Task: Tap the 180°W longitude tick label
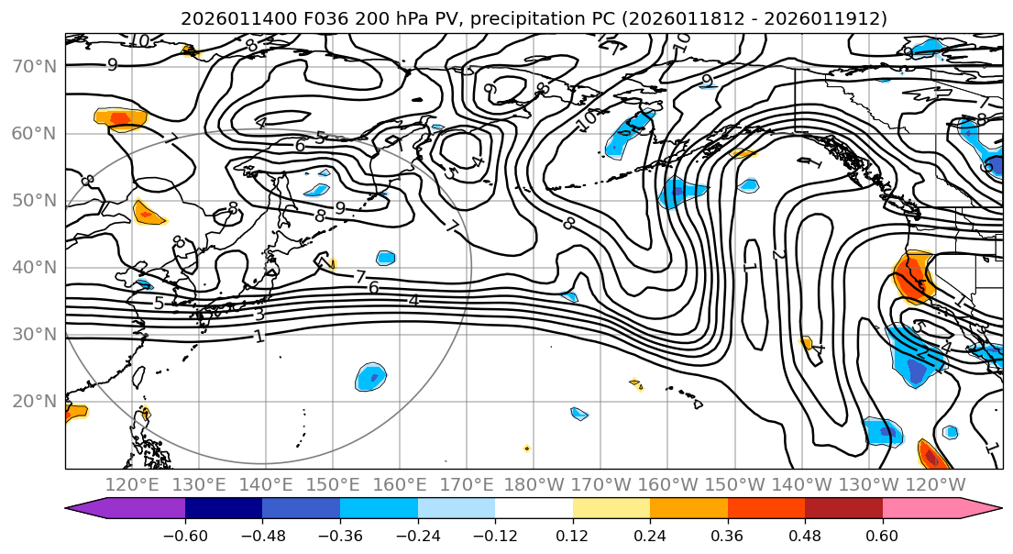[x=534, y=484]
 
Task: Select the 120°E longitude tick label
[x=132, y=484]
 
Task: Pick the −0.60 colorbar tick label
[x=185, y=535]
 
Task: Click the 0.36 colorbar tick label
[x=727, y=535]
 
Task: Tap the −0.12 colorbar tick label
[x=495, y=535]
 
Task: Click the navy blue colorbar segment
[x=224, y=509]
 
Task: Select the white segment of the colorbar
[x=534, y=509]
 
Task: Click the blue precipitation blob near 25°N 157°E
[x=370, y=376]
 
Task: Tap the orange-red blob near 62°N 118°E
[x=120, y=118]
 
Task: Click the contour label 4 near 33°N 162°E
[x=413, y=300]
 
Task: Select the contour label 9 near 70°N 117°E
[x=112, y=65]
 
